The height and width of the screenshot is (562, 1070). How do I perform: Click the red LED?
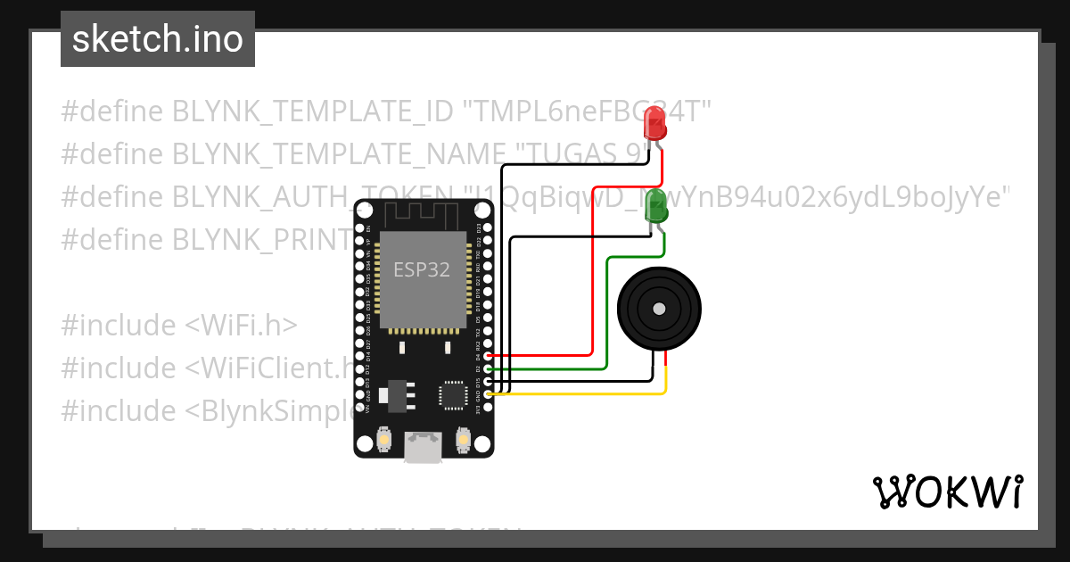655,124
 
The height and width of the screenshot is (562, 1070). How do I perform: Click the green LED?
656,205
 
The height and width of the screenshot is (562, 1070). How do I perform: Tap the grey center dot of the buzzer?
658,309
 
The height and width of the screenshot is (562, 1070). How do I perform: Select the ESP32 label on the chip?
422,269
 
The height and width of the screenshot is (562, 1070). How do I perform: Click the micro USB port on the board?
423,447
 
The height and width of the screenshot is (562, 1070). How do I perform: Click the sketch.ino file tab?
158,39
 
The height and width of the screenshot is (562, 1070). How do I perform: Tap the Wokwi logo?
947,492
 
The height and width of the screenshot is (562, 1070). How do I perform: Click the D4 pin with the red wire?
488,356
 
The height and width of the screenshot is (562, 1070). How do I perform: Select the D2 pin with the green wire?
488,368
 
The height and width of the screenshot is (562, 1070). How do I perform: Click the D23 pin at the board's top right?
488,228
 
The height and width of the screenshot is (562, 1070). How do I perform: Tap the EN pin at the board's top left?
360,228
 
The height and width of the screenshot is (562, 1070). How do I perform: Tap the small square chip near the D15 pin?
452,393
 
